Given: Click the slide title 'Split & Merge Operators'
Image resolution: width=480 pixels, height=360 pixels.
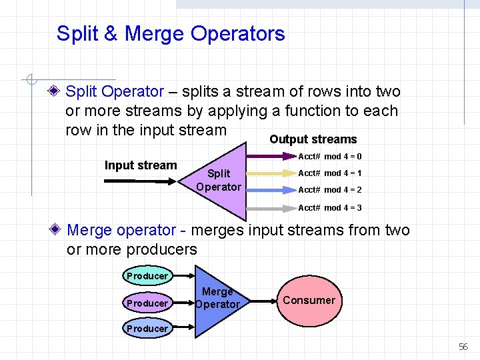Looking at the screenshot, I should click(x=171, y=33).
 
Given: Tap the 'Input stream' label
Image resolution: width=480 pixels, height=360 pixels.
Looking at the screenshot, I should click(x=141, y=165).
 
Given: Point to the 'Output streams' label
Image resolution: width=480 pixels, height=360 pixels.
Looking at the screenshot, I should click(x=313, y=139).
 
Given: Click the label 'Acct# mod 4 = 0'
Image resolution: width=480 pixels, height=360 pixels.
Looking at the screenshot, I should click(x=329, y=157).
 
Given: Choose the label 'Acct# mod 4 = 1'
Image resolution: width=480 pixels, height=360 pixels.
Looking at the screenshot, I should click(x=329, y=173).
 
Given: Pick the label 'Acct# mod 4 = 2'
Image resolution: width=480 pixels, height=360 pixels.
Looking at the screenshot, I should click(x=329, y=190).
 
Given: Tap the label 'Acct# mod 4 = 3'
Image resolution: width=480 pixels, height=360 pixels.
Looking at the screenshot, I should click(x=329, y=208).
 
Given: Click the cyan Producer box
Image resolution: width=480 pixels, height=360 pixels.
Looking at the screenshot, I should click(x=147, y=275).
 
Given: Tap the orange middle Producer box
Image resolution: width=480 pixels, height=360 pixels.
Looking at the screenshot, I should click(x=147, y=303).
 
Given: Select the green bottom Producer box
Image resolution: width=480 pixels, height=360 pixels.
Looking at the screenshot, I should click(x=147, y=328).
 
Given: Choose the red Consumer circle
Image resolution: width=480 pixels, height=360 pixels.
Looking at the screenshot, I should click(x=309, y=300).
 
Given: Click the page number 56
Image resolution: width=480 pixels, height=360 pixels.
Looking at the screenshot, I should click(x=463, y=347).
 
